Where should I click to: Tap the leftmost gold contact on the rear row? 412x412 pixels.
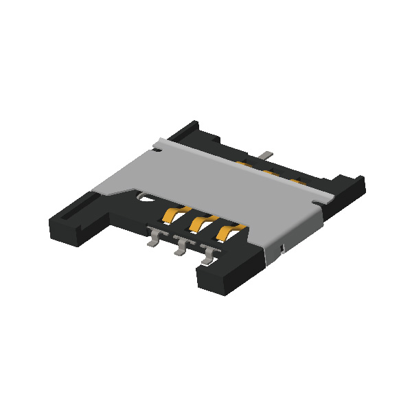(244, 163)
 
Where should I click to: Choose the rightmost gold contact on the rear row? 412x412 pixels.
(297, 181)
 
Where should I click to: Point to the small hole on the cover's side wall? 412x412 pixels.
(282, 246)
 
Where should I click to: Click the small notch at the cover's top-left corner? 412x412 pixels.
(160, 142)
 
